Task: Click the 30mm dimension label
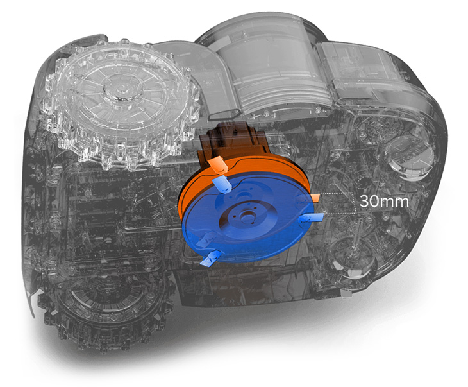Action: (384, 201)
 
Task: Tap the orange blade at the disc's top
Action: (217, 165)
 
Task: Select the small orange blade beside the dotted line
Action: (315, 197)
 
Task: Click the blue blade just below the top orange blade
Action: (222, 185)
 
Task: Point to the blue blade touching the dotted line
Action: (312, 218)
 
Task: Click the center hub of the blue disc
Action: (247, 216)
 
